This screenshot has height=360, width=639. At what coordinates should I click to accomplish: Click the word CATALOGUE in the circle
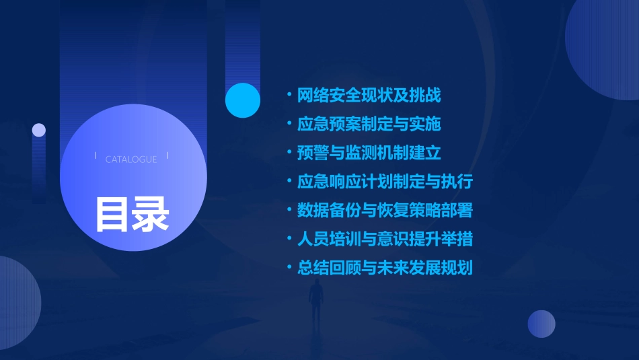coord(131,159)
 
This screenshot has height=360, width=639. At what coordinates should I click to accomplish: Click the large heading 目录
coord(132,214)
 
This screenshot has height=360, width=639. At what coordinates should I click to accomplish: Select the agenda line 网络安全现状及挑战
coord(369,96)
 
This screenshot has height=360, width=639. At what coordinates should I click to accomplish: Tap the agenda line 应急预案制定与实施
coord(369,124)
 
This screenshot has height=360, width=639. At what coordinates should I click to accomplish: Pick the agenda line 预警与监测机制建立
coord(369,153)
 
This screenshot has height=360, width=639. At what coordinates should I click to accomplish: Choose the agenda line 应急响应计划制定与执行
coord(385,182)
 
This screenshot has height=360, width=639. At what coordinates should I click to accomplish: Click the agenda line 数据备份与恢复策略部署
coord(385,211)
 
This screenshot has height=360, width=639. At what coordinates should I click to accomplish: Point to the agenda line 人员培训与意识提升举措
coord(385,239)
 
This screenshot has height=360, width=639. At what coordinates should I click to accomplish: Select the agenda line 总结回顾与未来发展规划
coord(385,268)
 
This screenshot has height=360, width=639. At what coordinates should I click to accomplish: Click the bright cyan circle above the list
coord(243,100)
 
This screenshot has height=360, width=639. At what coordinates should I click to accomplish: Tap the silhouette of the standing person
coord(316,301)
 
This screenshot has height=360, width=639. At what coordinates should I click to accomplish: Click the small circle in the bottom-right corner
coord(541,324)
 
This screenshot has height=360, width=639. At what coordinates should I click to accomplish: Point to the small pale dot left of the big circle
coord(39,130)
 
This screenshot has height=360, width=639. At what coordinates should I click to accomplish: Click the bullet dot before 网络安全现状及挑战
coord(289,96)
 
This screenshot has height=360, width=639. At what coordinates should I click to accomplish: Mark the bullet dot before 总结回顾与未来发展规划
coord(289,268)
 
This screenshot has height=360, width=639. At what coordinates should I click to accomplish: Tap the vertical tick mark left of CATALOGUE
coord(96,156)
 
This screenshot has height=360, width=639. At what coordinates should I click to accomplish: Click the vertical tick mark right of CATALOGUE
coord(167,156)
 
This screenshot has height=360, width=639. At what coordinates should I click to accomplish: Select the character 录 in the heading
coord(151,214)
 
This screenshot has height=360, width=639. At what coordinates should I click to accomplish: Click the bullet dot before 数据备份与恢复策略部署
coord(289,211)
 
